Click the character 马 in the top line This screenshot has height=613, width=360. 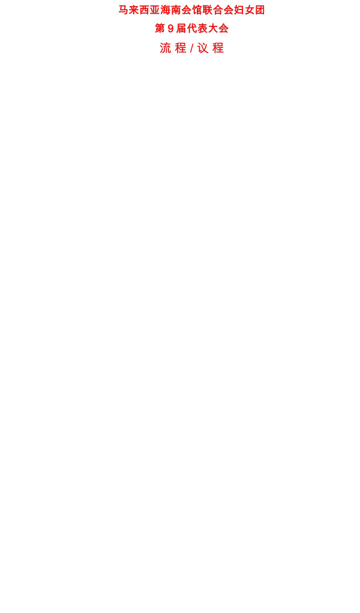(x=124, y=10)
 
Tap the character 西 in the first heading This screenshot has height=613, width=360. (x=145, y=10)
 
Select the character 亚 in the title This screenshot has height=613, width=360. (x=155, y=10)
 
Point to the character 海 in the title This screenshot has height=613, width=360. (x=166, y=10)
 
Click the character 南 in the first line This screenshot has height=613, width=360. (x=176, y=10)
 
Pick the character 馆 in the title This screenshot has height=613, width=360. (x=197, y=10)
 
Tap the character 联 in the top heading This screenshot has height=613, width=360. (x=208, y=10)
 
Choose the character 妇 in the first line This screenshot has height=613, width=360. (x=239, y=10)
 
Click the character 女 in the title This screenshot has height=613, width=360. (x=250, y=10)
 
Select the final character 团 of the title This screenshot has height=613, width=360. (x=260, y=10)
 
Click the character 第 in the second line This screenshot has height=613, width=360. (x=160, y=29)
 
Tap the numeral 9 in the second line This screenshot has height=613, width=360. (x=170, y=29)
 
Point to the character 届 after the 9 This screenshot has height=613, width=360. (x=181, y=29)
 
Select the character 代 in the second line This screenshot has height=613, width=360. (x=191, y=29)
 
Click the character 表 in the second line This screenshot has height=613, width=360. (x=202, y=29)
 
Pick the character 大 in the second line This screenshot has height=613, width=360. (x=212, y=29)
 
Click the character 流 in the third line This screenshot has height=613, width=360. (x=166, y=48)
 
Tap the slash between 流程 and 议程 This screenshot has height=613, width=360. (x=192, y=48)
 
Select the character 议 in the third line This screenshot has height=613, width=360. (x=203, y=48)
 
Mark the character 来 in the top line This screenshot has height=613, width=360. (x=134, y=10)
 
